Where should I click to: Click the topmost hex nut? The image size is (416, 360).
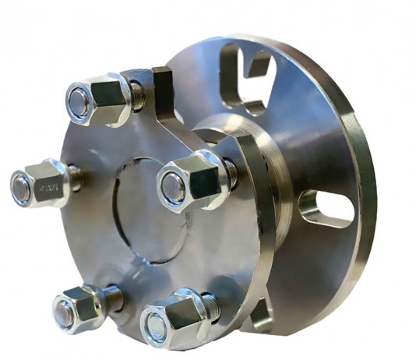tap(99, 99)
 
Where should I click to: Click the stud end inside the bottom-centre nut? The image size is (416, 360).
tap(157, 327)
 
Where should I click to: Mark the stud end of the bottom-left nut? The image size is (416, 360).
tap(62, 315)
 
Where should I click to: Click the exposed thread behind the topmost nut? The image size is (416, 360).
tap(136, 95)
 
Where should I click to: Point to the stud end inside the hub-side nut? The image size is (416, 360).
tap(172, 188)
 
